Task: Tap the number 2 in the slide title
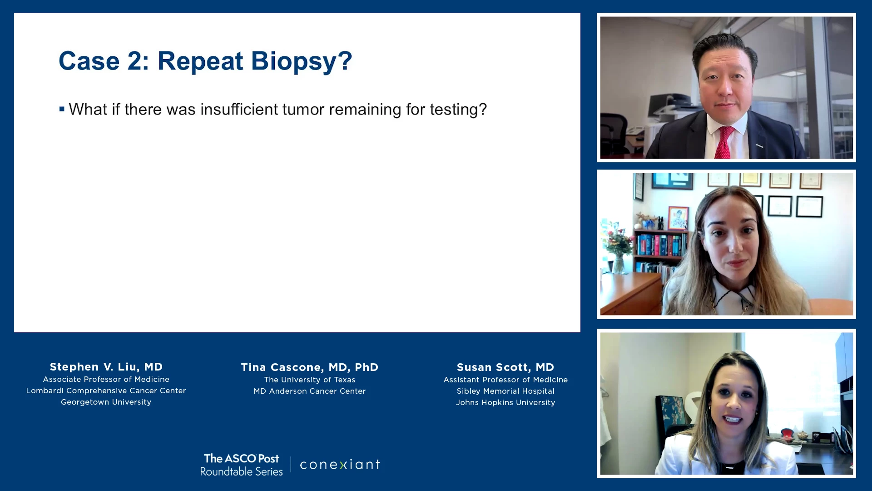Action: [x=135, y=61]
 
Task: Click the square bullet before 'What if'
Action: [x=62, y=109]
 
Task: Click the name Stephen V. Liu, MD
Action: [x=106, y=367]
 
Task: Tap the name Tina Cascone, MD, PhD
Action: [x=310, y=367]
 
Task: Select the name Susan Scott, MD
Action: [x=505, y=367]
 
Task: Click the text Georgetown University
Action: [x=106, y=402]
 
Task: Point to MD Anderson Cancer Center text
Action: [x=310, y=391]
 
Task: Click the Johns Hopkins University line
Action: [x=505, y=403]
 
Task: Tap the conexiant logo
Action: [x=340, y=465]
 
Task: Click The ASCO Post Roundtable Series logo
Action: [x=242, y=465]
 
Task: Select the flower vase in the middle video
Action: [x=618, y=264]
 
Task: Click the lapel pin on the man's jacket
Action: [x=759, y=146]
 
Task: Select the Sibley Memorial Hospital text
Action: [x=505, y=391]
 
